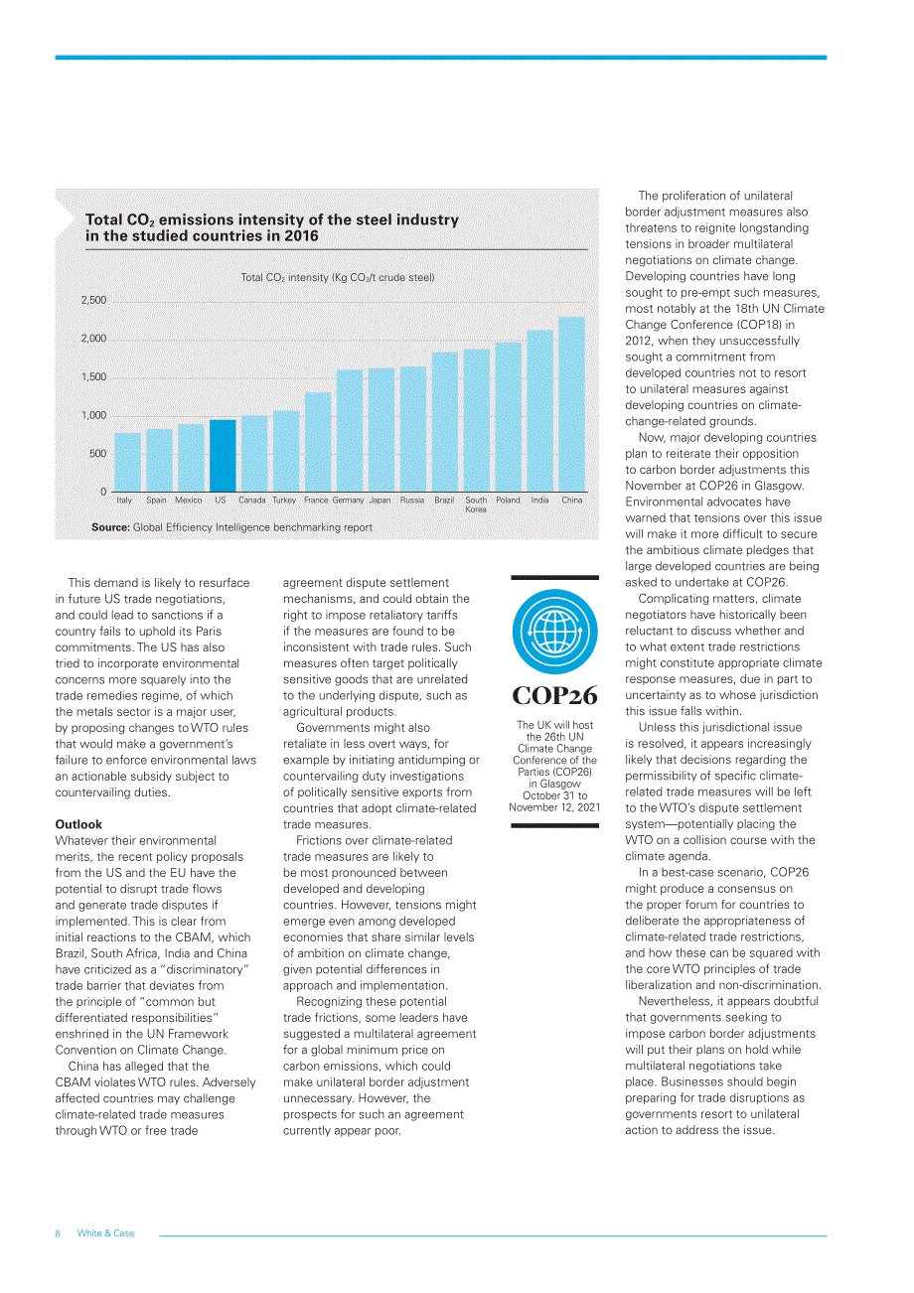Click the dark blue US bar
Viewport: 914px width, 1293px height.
pos(223,456)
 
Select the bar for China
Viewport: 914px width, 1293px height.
pos(571,404)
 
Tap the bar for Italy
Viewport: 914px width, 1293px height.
pos(127,463)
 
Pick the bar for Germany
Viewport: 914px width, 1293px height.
pos(350,431)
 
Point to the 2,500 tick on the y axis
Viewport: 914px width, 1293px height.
pos(93,300)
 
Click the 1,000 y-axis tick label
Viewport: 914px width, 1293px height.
pos(93,415)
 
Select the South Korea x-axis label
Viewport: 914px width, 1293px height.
pos(476,504)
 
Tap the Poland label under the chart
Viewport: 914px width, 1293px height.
pos(508,500)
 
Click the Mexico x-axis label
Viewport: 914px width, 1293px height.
pos(188,500)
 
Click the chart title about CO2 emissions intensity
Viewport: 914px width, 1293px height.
pos(272,227)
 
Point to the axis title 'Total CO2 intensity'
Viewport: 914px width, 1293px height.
pos(337,278)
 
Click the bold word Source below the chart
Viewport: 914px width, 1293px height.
pos(110,527)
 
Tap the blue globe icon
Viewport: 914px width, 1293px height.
pos(554,631)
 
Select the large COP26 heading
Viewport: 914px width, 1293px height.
pos(554,695)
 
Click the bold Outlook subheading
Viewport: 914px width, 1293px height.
pos(78,824)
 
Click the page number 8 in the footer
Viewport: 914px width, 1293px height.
pos(58,1233)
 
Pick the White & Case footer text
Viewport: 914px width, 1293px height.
pos(105,1233)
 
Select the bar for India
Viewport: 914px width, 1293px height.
pos(539,411)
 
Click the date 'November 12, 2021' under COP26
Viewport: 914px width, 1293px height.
pos(554,807)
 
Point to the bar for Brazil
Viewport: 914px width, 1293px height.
pos(445,422)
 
